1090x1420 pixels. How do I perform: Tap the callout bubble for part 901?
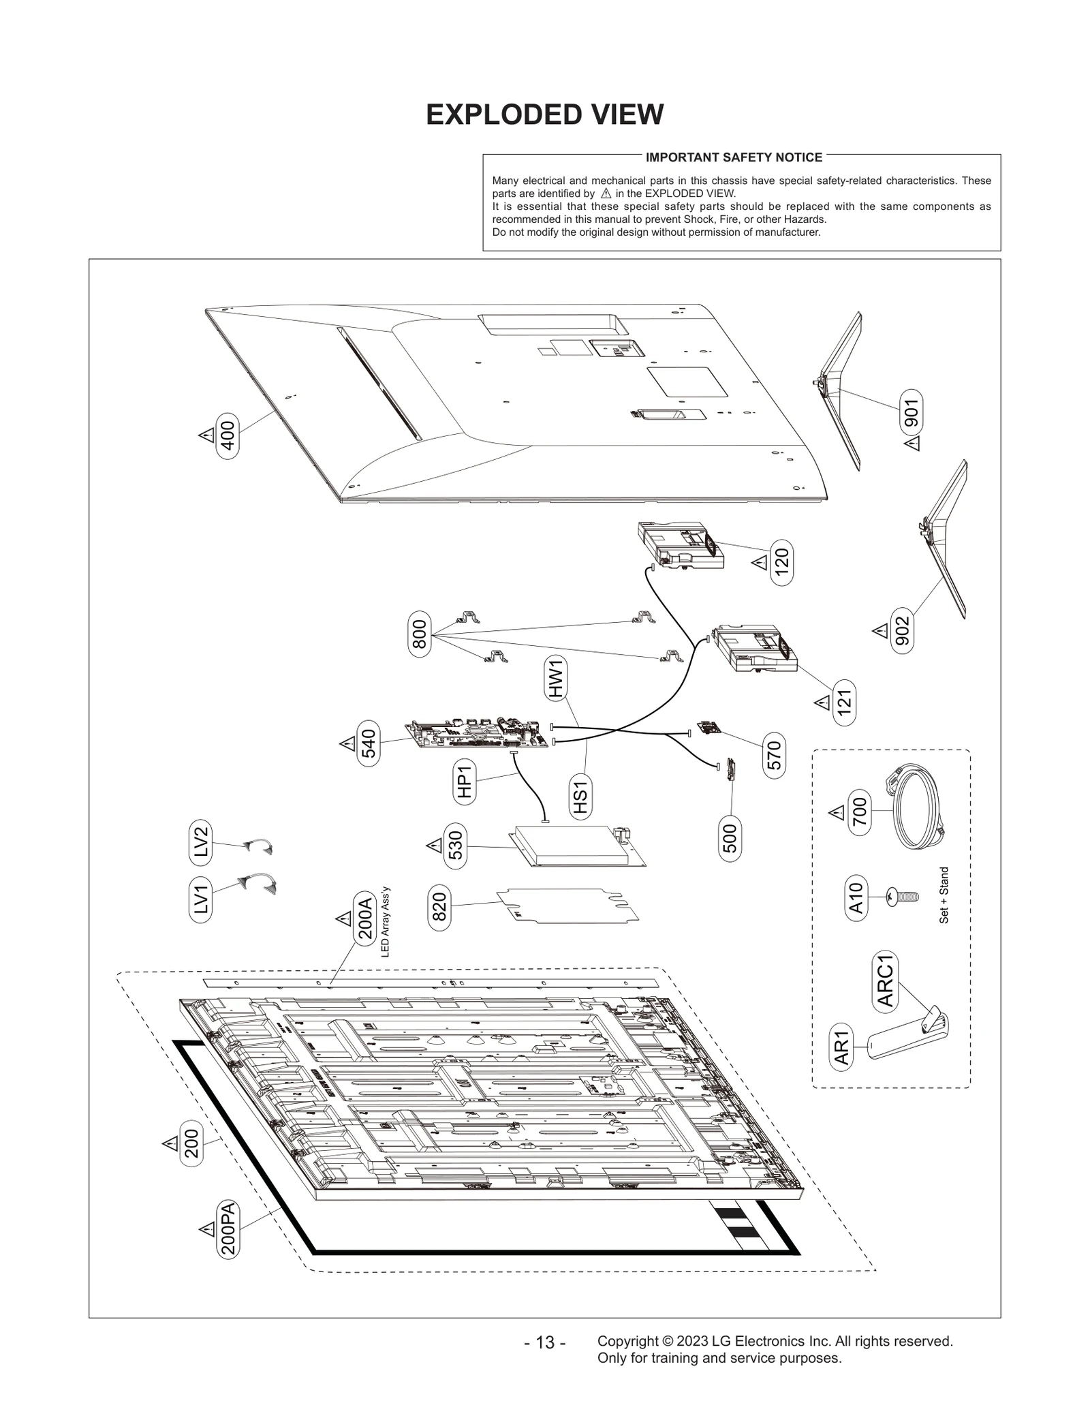911,412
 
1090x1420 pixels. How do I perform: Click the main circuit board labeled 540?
477,736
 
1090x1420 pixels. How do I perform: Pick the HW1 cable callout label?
557,678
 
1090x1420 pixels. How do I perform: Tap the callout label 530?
456,846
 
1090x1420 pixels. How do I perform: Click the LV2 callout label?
200,842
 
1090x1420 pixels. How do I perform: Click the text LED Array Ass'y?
385,921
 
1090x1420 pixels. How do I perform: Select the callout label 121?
844,702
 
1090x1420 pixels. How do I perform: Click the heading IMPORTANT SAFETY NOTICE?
734,157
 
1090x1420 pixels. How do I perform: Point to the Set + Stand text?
944,895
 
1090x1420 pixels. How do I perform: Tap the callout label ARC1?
885,981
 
